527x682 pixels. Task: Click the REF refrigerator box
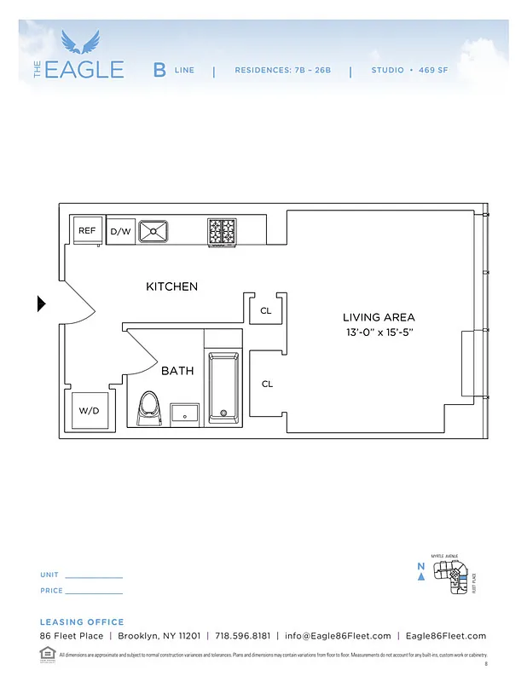(x=87, y=230)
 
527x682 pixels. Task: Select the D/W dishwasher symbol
(x=120, y=231)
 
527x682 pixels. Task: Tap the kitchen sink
(x=154, y=230)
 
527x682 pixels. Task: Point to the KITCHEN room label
(x=171, y=286)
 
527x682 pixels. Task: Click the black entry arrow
(x=42, y=303)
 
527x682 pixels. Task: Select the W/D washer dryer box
(x=89, y=410)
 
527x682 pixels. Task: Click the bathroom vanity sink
(x=184, y=413)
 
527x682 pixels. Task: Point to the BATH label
(x=177, y=371)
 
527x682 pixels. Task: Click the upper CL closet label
(x=266, y=311)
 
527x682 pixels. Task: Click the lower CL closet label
(x=267, y=384)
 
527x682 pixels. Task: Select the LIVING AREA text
(x=378, y=317)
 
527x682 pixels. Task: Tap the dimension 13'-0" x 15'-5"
(x=378, y=332)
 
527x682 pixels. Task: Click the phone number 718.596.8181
(x=243, y=636)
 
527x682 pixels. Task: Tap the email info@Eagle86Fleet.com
(x=339, y=636)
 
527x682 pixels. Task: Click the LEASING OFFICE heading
(x=82, y=622)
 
